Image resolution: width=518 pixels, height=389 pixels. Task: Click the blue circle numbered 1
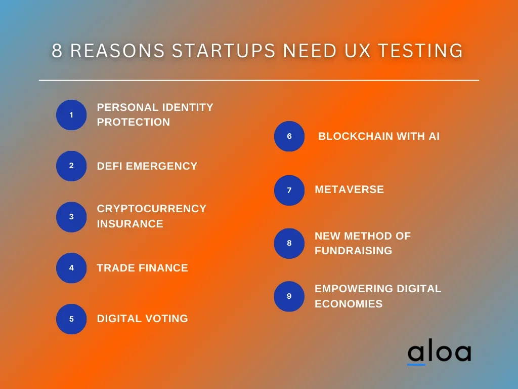click(x=71, y=115)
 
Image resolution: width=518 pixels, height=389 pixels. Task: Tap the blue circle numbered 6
click(x=289, y=136)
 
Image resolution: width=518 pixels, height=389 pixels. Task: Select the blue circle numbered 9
click(x=289, y=296)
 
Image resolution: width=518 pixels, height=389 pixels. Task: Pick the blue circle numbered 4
click(x=71, y=267)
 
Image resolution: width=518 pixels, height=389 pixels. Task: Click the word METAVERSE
click(x=349, y=189)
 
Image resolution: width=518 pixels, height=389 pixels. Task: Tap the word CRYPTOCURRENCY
click(x=152, y=208)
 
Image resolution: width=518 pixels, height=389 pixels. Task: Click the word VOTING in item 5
click(x=166, y=318)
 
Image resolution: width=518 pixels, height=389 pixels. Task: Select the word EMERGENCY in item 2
click(x=161, y=166)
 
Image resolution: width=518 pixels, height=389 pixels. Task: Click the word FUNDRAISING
click(x=353, y=250)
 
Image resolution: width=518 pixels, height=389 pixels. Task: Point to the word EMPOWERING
click(x=354, y=288)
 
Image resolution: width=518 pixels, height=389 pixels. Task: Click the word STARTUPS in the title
click(x=224, y=51)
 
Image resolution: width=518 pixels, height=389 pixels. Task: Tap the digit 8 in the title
click(x=57, y=51)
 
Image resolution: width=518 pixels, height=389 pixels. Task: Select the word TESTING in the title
click(x=420, y=51)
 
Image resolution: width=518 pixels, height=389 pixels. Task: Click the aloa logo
click(x=440, y=353)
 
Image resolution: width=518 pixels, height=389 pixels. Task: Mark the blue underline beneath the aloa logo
click(x=416, y=365)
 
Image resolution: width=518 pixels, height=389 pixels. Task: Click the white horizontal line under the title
click(x=259, y=80)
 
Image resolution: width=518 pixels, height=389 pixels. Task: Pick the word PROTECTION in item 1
click(x=134, y=122)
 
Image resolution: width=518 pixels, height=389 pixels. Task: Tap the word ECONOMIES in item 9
click(x=349, y=304)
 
